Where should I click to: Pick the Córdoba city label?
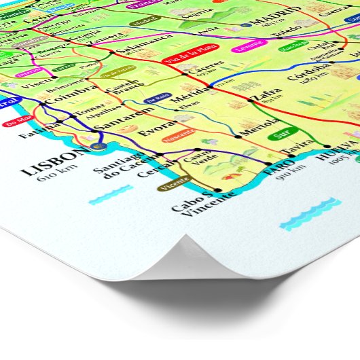click(x=308, y=75)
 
